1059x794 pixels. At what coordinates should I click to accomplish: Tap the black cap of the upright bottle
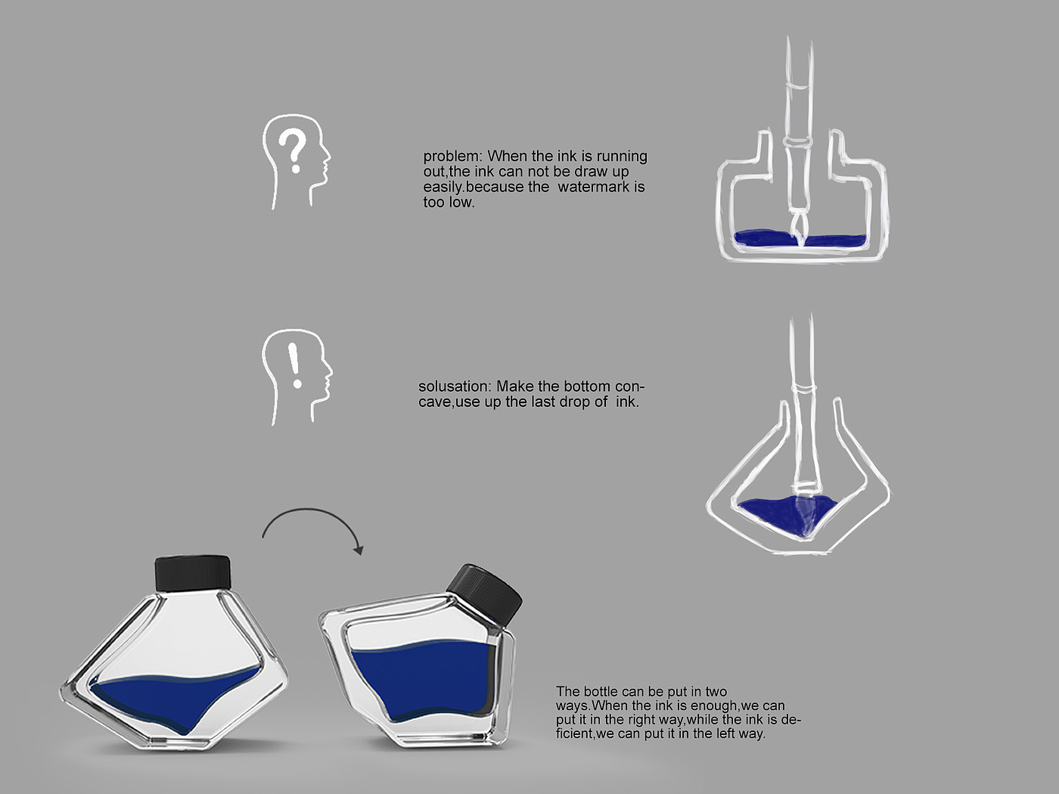coord(193,572)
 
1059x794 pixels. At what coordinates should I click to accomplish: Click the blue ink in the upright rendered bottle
coord(174,697)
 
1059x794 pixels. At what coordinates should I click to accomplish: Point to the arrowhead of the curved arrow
coord(359,549)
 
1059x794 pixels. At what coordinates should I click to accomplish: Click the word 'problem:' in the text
coord(453,157)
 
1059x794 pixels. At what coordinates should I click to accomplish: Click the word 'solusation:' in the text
coord(455,386)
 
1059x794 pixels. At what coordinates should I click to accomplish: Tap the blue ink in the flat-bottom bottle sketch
coord(800,239)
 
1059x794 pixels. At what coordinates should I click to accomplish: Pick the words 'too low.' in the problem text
coord(449,202)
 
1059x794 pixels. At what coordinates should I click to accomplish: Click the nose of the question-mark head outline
coord(328,155)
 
